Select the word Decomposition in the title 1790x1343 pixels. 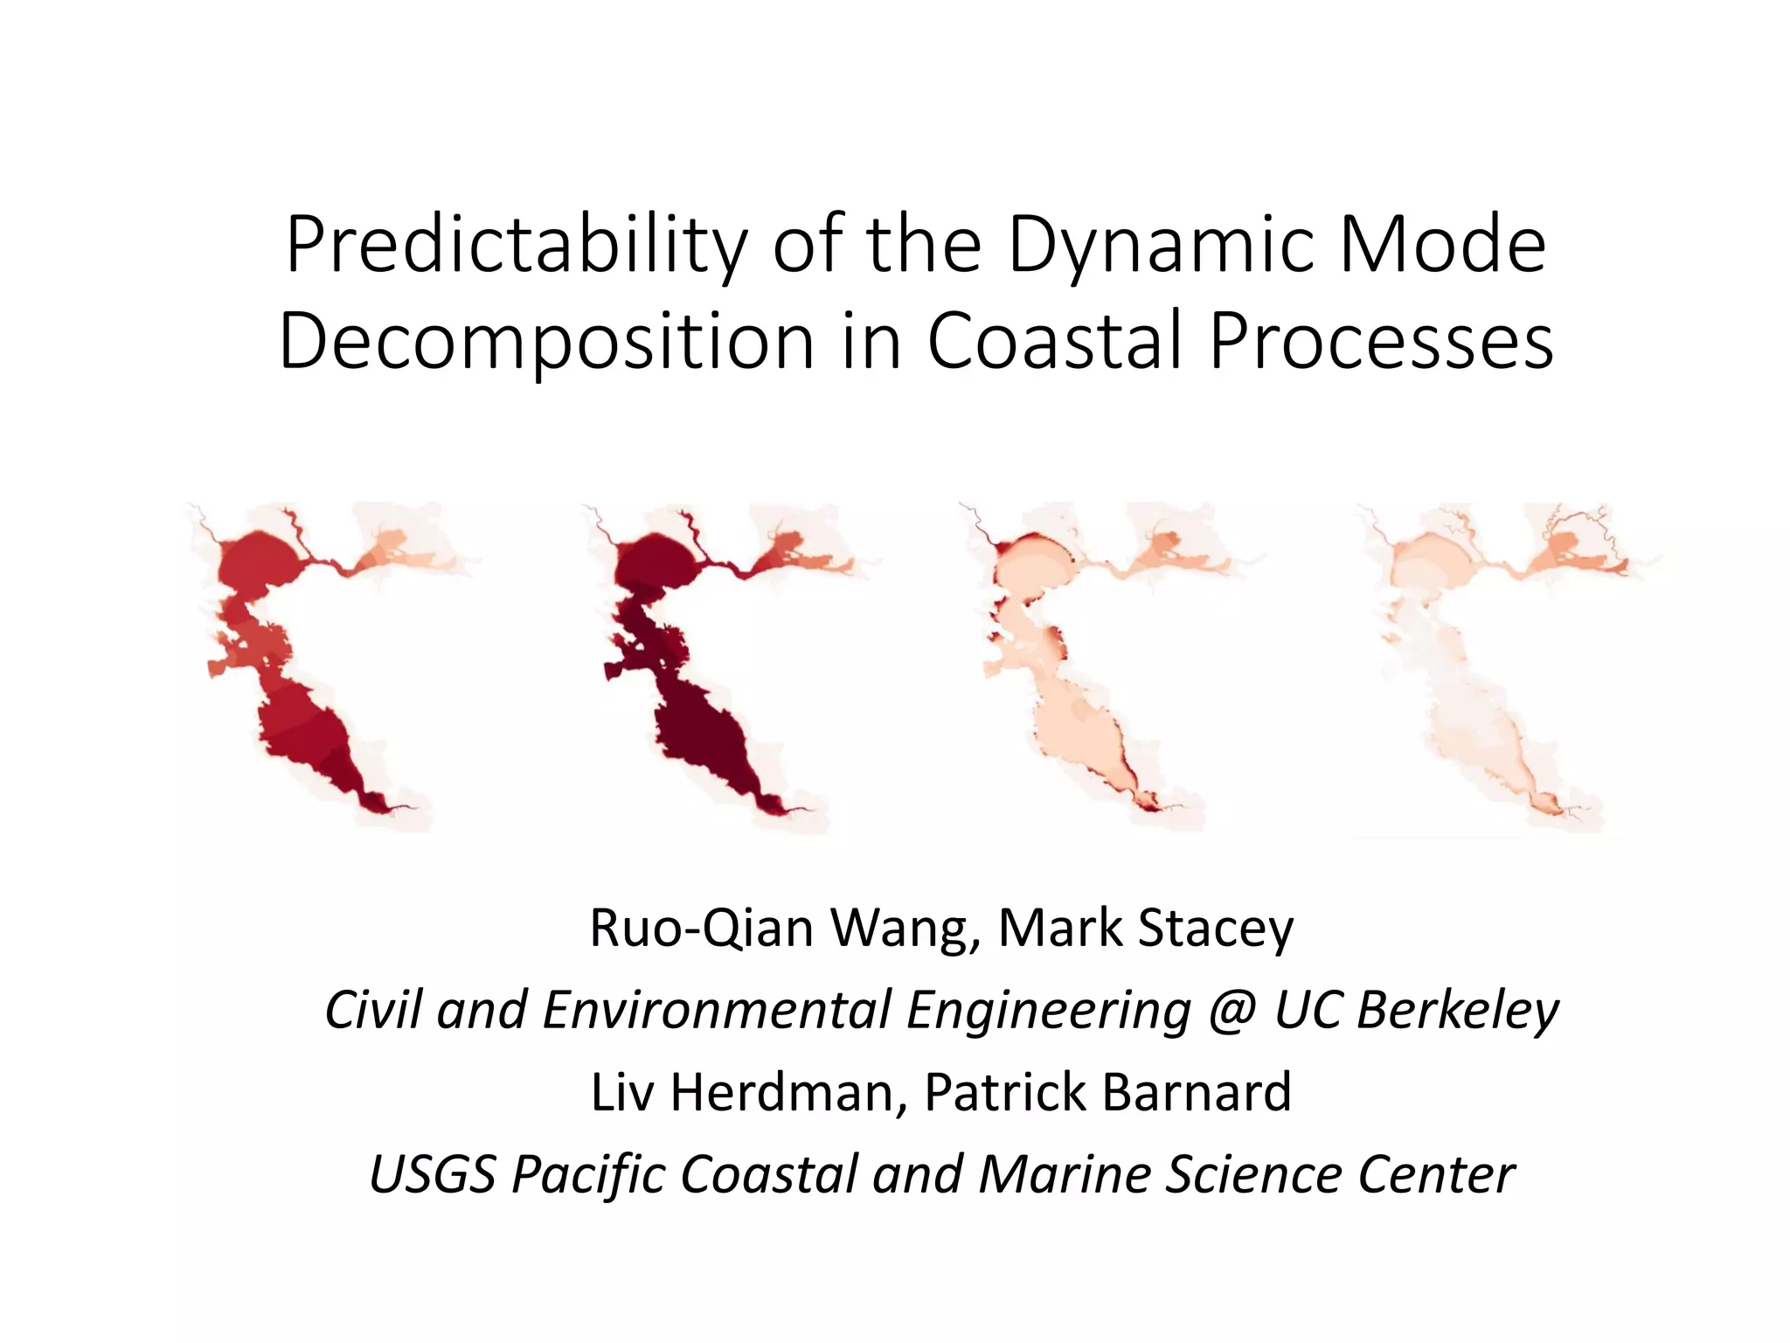547,343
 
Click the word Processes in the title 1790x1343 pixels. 1381,343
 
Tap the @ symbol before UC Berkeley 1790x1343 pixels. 1231,1012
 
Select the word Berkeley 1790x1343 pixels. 1457,1012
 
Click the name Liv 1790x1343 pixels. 621,1093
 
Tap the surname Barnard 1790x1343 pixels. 1197,1093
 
